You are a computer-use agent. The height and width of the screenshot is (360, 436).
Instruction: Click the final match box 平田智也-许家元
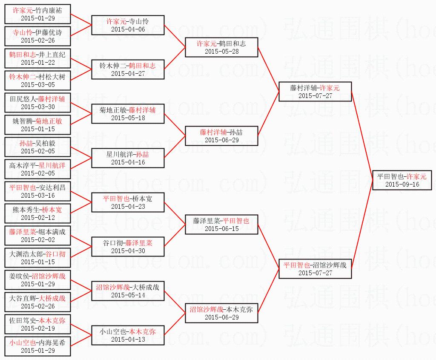[x=402, y=180]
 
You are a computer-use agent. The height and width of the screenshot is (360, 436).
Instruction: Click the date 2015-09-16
[x=402, y=184]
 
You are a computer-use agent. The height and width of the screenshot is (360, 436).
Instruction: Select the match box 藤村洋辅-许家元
[x=315, y=91]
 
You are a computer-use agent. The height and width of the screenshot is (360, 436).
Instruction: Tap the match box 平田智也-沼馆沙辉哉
[x=315, y=268]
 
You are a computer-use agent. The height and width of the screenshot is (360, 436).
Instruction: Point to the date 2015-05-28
[x=221, y=51]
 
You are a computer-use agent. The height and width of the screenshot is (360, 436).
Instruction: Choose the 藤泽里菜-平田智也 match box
[x=221, y=224]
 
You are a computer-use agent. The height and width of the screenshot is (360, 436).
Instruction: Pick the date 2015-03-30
[x=37, y=107]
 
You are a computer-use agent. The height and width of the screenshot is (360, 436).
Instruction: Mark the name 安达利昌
[x=52, y=187]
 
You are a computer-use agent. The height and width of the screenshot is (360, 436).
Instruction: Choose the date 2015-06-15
[x=221, y=229]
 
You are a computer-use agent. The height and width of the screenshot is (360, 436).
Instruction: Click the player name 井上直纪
[x=52, y=55]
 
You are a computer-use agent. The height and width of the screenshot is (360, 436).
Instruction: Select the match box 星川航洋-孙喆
[x=128, y=158]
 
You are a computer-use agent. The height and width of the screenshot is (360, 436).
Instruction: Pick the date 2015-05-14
[x=128, y=295]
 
